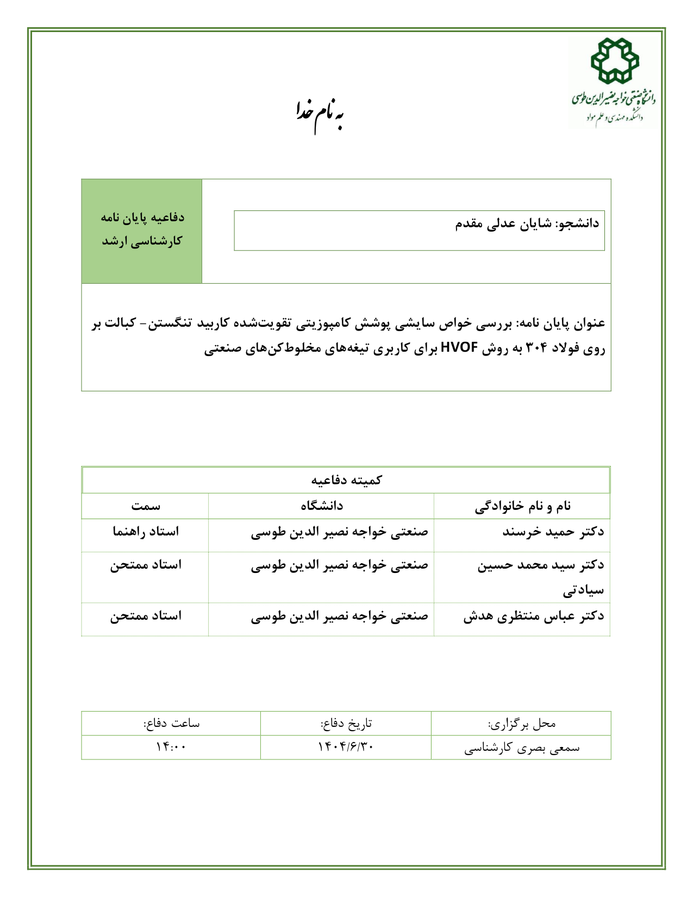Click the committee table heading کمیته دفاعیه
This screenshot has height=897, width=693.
[x=346, y=480]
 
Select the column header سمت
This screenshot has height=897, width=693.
[x=145, y=506]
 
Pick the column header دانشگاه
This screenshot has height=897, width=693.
[x=321, y=506]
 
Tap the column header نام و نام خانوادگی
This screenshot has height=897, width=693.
[x=522, y=506]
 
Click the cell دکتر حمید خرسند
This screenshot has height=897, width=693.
[x=553, y=532]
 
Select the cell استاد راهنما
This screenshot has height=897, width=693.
[x=145, y=532]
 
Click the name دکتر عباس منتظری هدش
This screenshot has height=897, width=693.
[x=533, y=616]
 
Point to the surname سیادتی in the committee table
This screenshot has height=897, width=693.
[x=583, y=590]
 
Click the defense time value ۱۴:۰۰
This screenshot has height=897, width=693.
[x=171, y=748]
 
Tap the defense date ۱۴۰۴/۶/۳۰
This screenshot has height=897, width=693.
[x=346, y=748]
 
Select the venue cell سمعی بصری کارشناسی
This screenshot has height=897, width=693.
[x=521, y=748]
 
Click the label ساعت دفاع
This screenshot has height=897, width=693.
[x=171, y=724]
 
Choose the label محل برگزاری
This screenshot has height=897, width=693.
[x=521, y=724]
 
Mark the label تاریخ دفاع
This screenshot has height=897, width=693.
[x=346, y=724]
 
